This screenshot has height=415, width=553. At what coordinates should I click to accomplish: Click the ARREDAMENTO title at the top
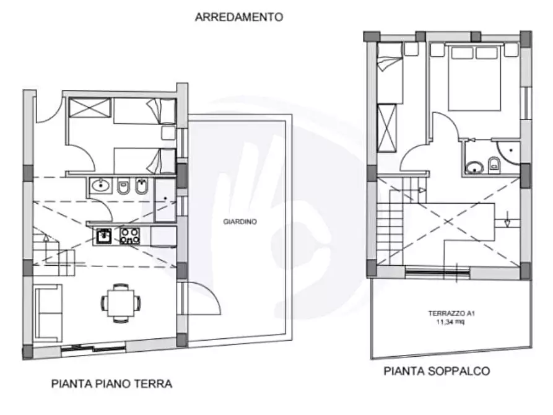pyautogui.click(x=238, y=17)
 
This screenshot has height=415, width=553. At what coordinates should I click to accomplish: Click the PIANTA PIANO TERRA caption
pyautogui.click(x=111, y=383)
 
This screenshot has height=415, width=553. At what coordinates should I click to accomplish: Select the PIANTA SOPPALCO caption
pyautogui.click(x=437, y=371)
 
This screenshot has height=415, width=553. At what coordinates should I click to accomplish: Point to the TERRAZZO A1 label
pyautogui.click(x=450, y=313)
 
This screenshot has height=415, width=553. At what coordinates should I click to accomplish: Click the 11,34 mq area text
pyautogui.click(x=450, y=322)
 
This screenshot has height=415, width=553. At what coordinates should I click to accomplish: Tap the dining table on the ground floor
pyautogui.click(x=120, y=302)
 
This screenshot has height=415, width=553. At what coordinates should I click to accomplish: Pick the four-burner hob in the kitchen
pyautogui.click(x=129, y=235)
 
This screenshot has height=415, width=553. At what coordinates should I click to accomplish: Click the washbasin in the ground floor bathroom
pyautogui.click(x=99, y=185)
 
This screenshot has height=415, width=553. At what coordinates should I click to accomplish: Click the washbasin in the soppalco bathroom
pyautogui.click(x=475, y=167)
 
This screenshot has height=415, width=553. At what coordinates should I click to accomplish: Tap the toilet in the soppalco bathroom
pyautogui.click(x=494, y=164)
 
